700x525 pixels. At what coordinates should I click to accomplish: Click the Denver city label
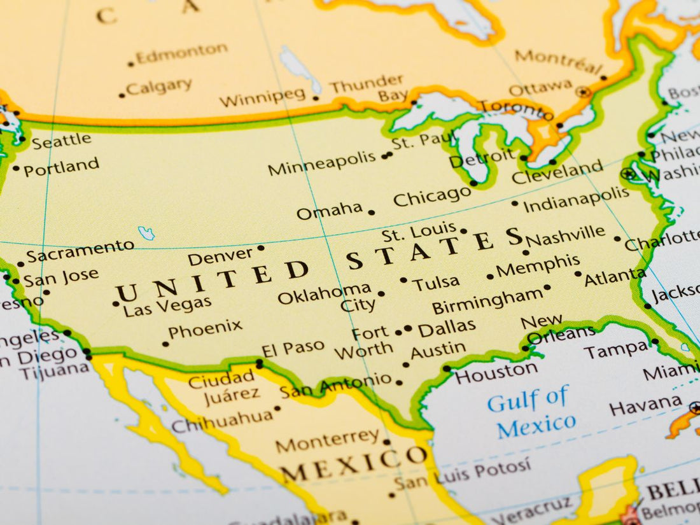221,256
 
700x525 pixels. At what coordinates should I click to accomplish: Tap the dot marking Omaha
372,213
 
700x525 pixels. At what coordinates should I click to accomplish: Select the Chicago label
432,197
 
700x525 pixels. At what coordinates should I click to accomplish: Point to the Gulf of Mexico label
532,412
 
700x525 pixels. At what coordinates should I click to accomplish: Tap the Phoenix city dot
165,344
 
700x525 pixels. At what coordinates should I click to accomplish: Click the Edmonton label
181,53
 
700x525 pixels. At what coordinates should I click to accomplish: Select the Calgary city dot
122,95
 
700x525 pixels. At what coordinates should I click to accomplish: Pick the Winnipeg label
263,97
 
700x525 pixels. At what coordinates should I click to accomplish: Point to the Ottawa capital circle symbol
583,92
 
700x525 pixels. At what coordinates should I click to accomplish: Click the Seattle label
62,141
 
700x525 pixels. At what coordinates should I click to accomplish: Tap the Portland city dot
16,169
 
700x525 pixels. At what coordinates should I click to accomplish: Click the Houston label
496,372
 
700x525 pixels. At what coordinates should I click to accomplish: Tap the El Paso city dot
260,364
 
